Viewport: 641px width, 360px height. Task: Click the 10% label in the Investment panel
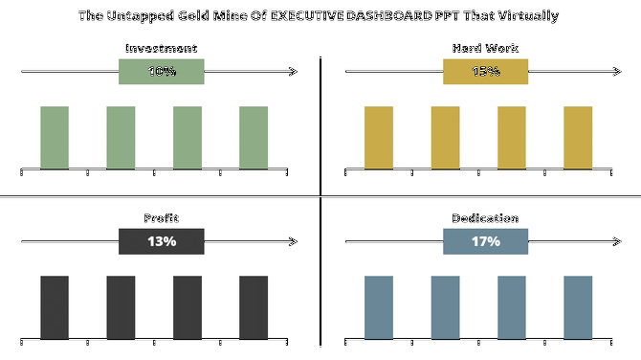click(x=161, y=72)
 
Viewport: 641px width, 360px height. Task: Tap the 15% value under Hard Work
click(x=485, y=72)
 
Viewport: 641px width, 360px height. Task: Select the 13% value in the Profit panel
click(x=161, y=241)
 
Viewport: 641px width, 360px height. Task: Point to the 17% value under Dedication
click(x=485, y=241)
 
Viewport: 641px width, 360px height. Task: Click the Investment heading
click(x=161, y=49)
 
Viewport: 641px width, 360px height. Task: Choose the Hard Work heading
click(x=485, y=49)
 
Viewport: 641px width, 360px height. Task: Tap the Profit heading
click(x=161, y=218)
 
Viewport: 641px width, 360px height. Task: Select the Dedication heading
click(x=485, y=218)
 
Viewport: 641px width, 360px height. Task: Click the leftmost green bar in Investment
click(x=55, y=137)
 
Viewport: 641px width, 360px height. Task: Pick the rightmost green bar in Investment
click(x=254, y=137)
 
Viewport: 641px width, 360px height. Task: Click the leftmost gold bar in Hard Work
click(x=379, y=137)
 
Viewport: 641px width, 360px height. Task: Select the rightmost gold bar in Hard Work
click(x=578, y=137)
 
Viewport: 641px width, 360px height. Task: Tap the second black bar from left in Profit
click(x=121, y=306)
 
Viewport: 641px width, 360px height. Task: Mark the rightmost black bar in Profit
click(x=254, y=306)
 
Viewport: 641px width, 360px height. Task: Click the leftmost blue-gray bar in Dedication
click(x=379, y=306)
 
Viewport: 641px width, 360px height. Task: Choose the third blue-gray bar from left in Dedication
click(x=512, y=306)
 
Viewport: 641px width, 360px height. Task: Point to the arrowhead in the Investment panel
click(x=293, y=72)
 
